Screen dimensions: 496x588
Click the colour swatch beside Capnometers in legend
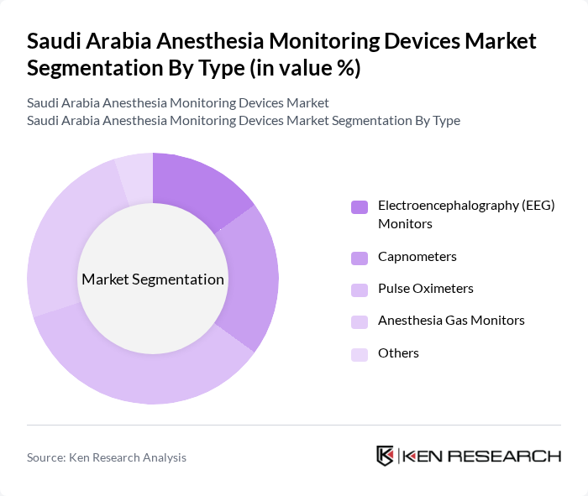pyautogui.click(x=360, y=258)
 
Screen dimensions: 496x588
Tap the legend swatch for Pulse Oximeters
pyautogui.click(x=360, y=290)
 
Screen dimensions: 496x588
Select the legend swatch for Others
pyautogui.click(x=360, y=354)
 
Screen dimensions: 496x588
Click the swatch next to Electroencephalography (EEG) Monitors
pyautogui.click(x=360, y=206)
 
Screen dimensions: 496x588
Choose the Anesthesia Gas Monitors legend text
pyautogui.click(x=451, y=321)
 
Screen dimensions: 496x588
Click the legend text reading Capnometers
pyautogui.click(x=417, y=257)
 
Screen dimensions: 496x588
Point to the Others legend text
pyautogui.click(x=398, y=353)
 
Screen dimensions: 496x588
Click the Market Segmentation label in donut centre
pyautogui.click(x=153, y=279)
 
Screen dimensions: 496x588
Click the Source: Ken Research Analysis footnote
pyautogui.click(x=107, y=457)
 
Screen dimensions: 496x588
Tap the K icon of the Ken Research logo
pyautogui.click(x=386, y=456)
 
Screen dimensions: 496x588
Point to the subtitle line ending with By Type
pyautogui.click(x=244, y=120)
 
